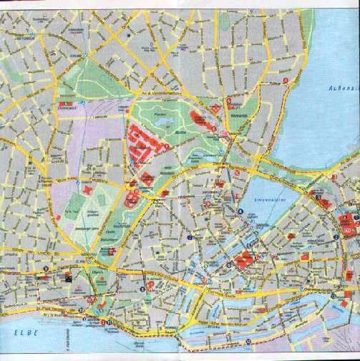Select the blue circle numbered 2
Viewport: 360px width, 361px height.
pyautogui.click(x=335, y=228)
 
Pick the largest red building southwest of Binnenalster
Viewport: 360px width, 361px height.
pyautogui.click(x=243, y=259)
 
